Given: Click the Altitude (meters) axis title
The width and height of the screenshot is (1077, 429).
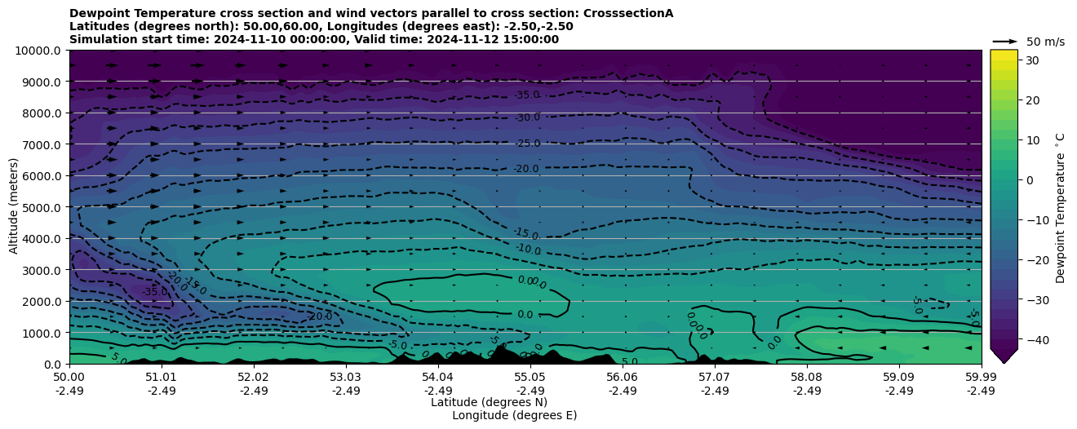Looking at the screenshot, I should pyautogui.click(x=14, y=207).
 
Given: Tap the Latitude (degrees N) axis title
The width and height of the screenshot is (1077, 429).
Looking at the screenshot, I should pyautogui.click(x=489, y=402).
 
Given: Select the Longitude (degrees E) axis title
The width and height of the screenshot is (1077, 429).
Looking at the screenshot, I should pyautogui.click(x=514, y=415).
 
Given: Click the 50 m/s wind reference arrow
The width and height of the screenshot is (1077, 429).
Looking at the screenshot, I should pyautogui.click(x=1004, y=42).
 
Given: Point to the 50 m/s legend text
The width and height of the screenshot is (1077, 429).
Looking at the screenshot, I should pyautogui.click(x=1045, y=42).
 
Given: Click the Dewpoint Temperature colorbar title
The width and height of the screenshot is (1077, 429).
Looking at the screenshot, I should pyautogui.click(x=1061, y=207).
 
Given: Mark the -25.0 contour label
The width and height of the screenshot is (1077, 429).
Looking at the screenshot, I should pyautogui.click(x=527, y=144).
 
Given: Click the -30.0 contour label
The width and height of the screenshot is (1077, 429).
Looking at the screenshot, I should pyautogui.click(x=527, y=117).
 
